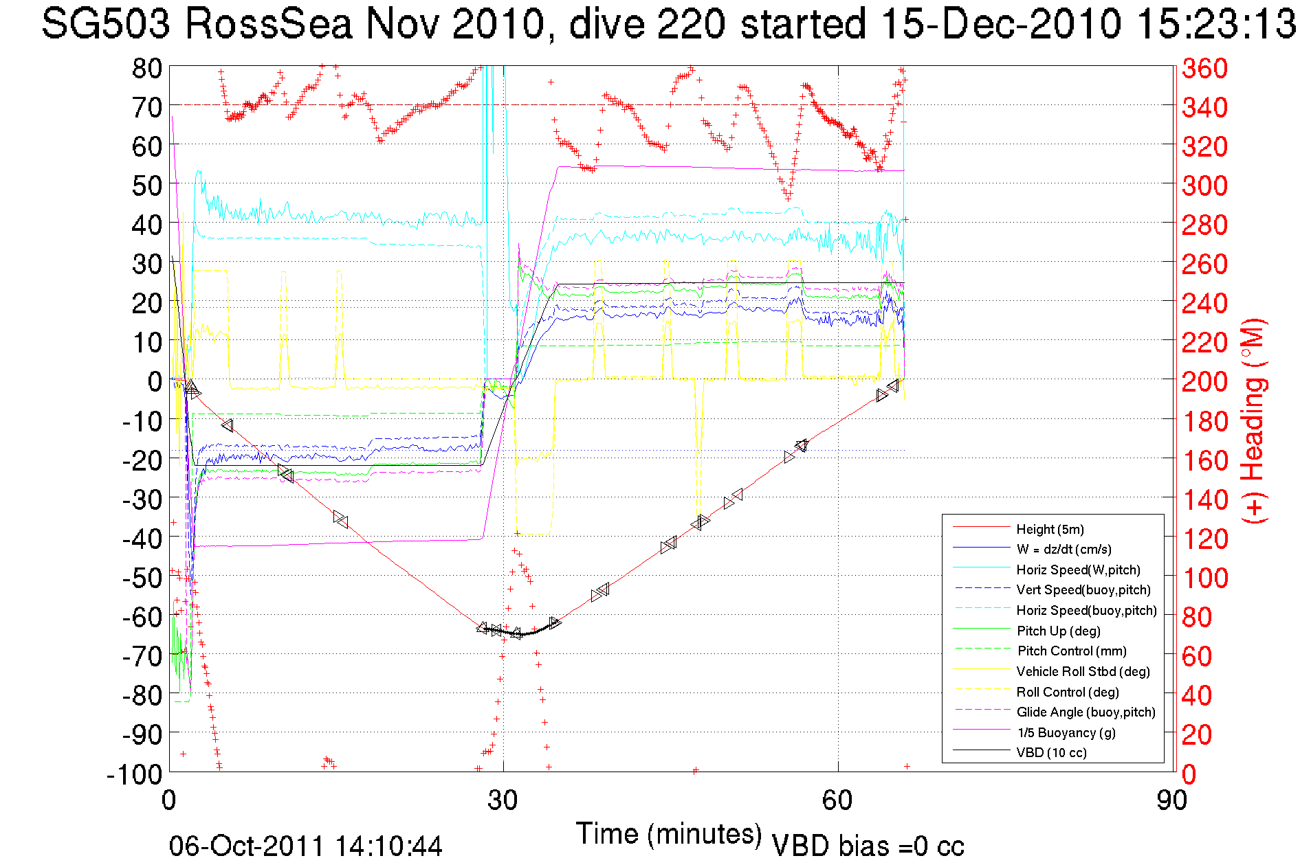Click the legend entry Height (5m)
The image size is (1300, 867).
pos(1050,529)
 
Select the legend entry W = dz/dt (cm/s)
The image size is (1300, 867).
pos(1064,549)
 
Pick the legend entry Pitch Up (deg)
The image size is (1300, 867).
pos(1058,631)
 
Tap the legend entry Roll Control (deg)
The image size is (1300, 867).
pos(1067,692)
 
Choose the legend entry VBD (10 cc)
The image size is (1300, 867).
pos(1051,752)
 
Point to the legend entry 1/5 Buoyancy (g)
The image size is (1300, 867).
pos(1066,732)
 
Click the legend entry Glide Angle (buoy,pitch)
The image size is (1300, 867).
pos(1086,712)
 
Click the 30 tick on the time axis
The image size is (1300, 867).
pos(503,800)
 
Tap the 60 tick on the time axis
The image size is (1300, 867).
pos(837,800)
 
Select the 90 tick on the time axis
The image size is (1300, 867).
pos(1171,800)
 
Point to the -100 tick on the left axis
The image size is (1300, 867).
pos(135,774)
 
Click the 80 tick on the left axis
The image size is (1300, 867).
pos(146,68)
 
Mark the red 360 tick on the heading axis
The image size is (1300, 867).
pos(1204,68)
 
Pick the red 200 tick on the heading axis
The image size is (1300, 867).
pos(1204,381)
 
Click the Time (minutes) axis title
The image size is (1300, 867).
pos(669,834)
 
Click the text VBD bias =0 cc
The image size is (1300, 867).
pos(868,846)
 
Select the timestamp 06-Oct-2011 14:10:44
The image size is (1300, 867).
pos(306,846)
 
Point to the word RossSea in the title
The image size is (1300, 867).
pos(268,24)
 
